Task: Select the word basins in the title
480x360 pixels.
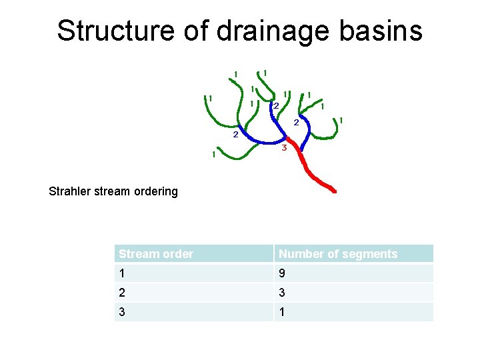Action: tap(384, 31)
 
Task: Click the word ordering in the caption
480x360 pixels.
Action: tap(157, 191)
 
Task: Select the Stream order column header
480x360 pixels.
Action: tap(156, 254)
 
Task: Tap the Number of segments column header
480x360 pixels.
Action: tap(338, 254)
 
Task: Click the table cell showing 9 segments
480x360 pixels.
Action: tap(283, 273)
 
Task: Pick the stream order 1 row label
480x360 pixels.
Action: tap(122, 273)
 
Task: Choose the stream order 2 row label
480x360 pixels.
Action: tap(122, 293)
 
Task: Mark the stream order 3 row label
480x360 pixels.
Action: tap(122, 312)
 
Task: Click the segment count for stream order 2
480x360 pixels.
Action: tap(283, 293)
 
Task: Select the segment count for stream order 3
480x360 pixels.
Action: tap(283, 312)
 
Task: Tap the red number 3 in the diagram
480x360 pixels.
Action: tap(284, 147)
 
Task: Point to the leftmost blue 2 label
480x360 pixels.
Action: tap(235, 135)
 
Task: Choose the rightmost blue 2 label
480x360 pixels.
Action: tap(296, 122)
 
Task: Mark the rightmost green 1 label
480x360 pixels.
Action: tap(341, 120)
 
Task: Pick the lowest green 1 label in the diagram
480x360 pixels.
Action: tap(213, 155)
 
